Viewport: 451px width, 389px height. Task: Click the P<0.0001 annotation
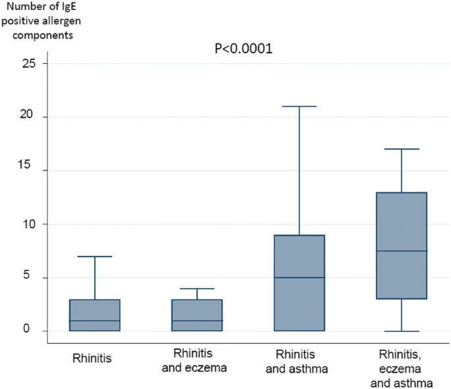(244, 49)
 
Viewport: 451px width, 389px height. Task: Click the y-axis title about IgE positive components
(45, 22)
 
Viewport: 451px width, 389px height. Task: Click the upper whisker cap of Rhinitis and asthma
(299, 106)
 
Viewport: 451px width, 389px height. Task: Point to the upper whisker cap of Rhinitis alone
(95, 256)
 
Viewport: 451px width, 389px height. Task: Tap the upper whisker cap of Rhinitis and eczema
(197, 288)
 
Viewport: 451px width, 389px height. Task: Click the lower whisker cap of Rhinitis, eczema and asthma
(401, 331)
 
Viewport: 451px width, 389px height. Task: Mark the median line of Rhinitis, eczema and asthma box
(401, 251)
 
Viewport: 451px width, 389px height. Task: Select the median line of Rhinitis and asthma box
(299, 278)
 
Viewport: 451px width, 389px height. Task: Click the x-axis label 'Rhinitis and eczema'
(195, 361)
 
